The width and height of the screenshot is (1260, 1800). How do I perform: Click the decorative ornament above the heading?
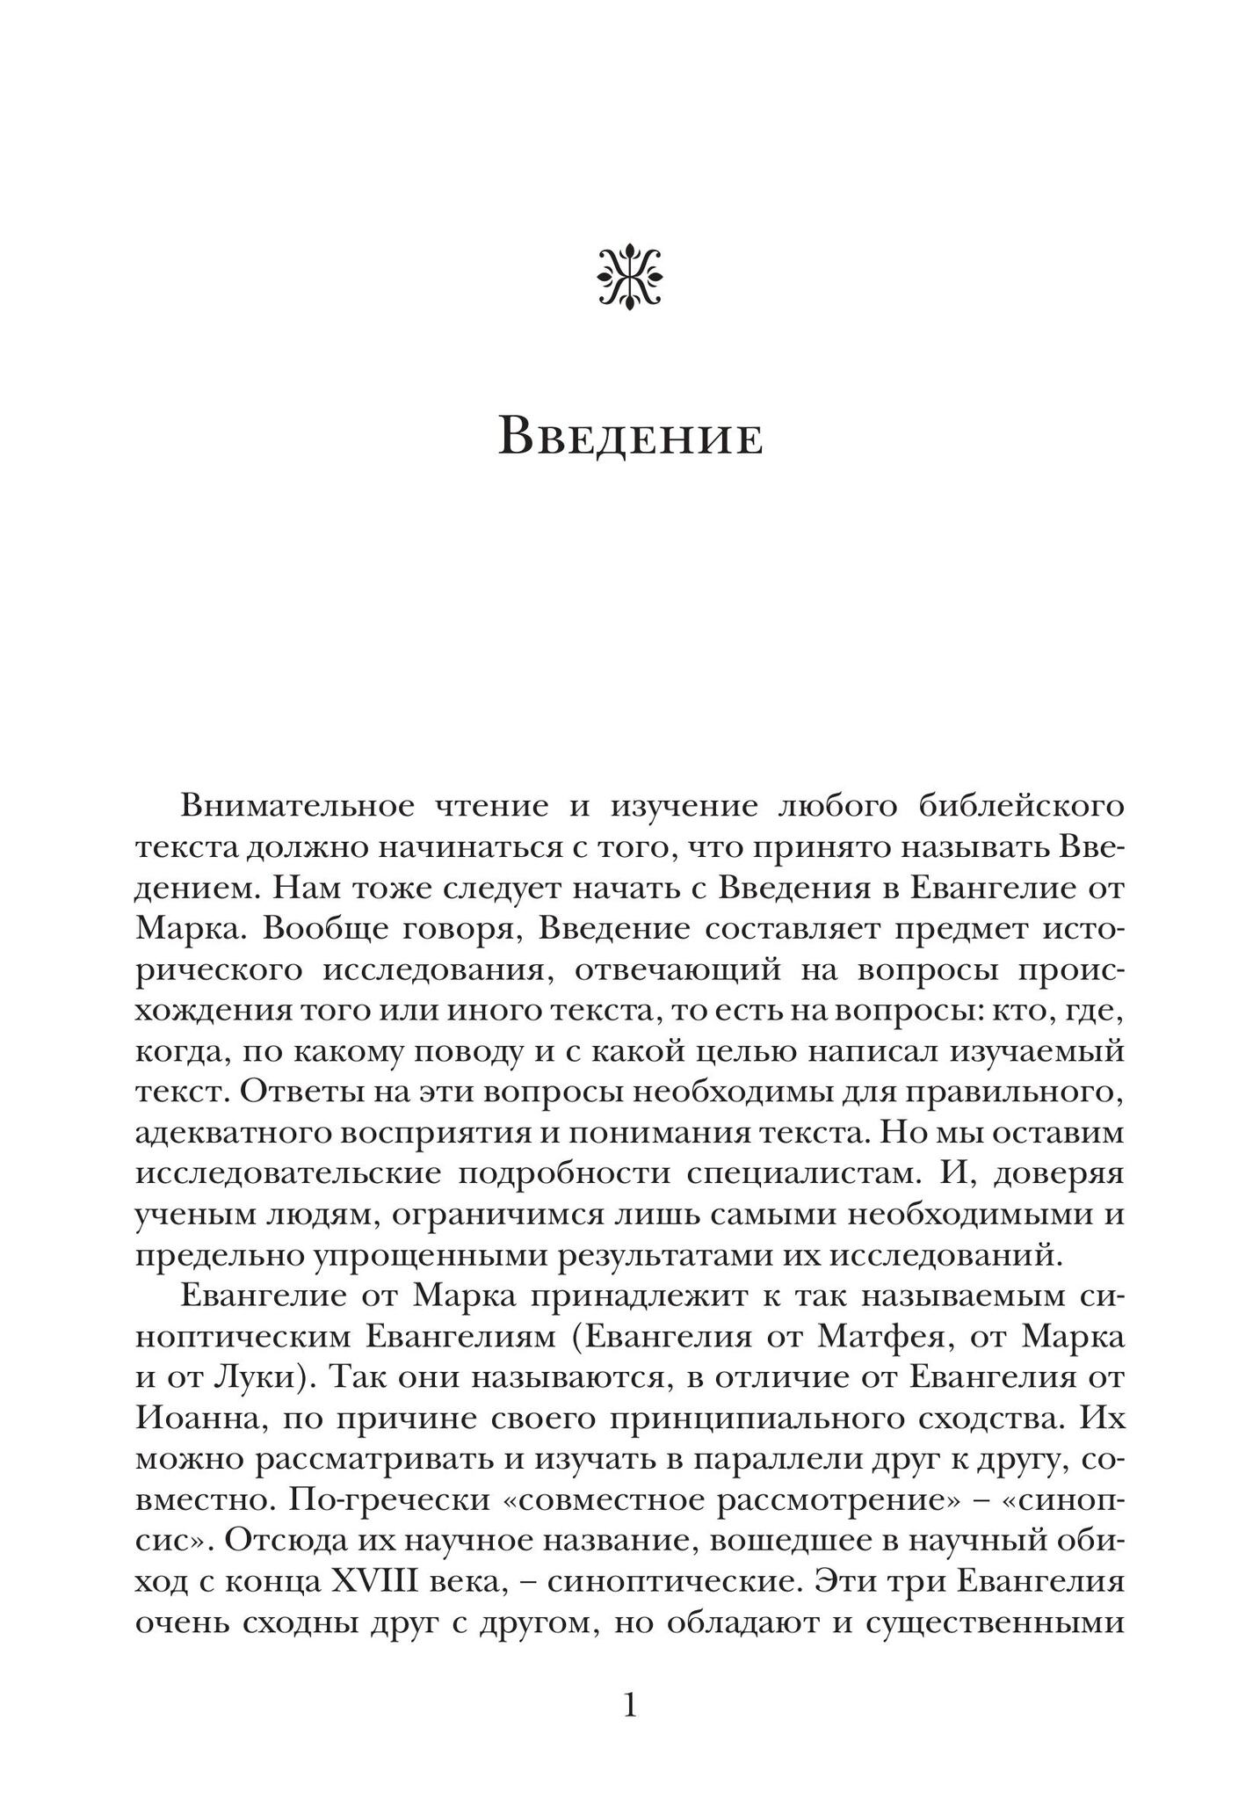pos(629,279)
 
